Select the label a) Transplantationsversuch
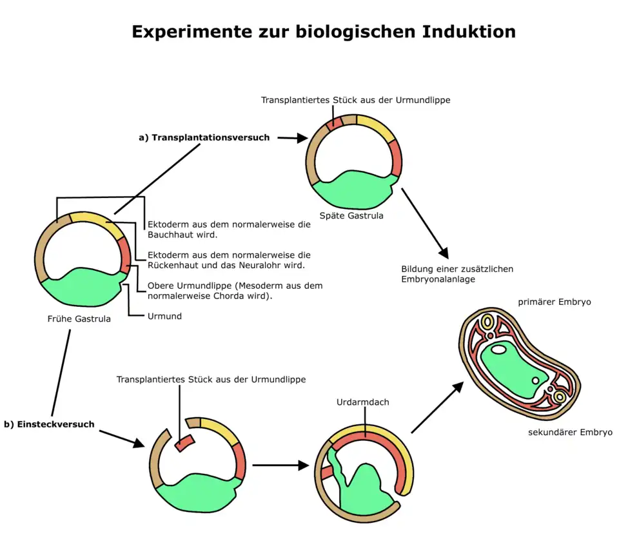(204, 137)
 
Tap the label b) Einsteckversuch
(49, 424)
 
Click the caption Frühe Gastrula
(79, 318)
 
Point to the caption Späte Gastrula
(351, 215)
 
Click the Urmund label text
(164, 316)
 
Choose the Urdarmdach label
(362, 402)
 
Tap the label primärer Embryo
(554, 302)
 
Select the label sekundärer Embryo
(570, 432)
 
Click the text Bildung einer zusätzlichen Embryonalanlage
(457, 274)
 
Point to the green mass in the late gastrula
(351, 187)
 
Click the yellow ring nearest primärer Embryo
(488, 321)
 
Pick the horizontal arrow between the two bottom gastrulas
(280, 465)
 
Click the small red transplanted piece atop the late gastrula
(333, 122)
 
